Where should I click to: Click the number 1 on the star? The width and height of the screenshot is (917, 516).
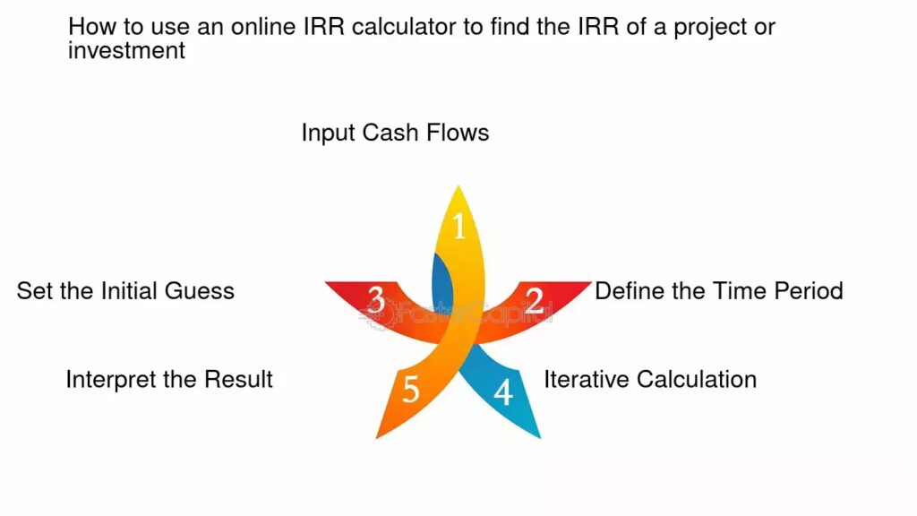coord(459,227)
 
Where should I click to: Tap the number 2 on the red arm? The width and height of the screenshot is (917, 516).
coord(534,301)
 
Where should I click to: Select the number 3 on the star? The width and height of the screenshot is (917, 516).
coord(376,300)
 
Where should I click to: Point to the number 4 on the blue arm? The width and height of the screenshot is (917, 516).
coord(503,392)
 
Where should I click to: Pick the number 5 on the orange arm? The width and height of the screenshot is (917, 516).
coord(410,389)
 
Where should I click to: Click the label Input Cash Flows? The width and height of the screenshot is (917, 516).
coord(395,133)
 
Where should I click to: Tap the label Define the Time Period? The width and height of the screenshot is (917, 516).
coord(719,291)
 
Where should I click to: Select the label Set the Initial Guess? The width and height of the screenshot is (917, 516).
coord(125,291)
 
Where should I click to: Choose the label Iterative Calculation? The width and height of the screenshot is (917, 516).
coord(650,379)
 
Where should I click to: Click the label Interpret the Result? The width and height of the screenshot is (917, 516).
coord(169,380)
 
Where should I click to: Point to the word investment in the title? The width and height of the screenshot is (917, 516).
coord(126,50)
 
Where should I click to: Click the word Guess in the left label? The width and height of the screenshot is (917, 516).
coord(200,291)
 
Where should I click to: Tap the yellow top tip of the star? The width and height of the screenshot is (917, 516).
coord(458,186)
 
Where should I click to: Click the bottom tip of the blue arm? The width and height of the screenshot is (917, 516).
coord(540,437)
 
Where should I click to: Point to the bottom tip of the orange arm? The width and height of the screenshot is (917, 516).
coord(376,438)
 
